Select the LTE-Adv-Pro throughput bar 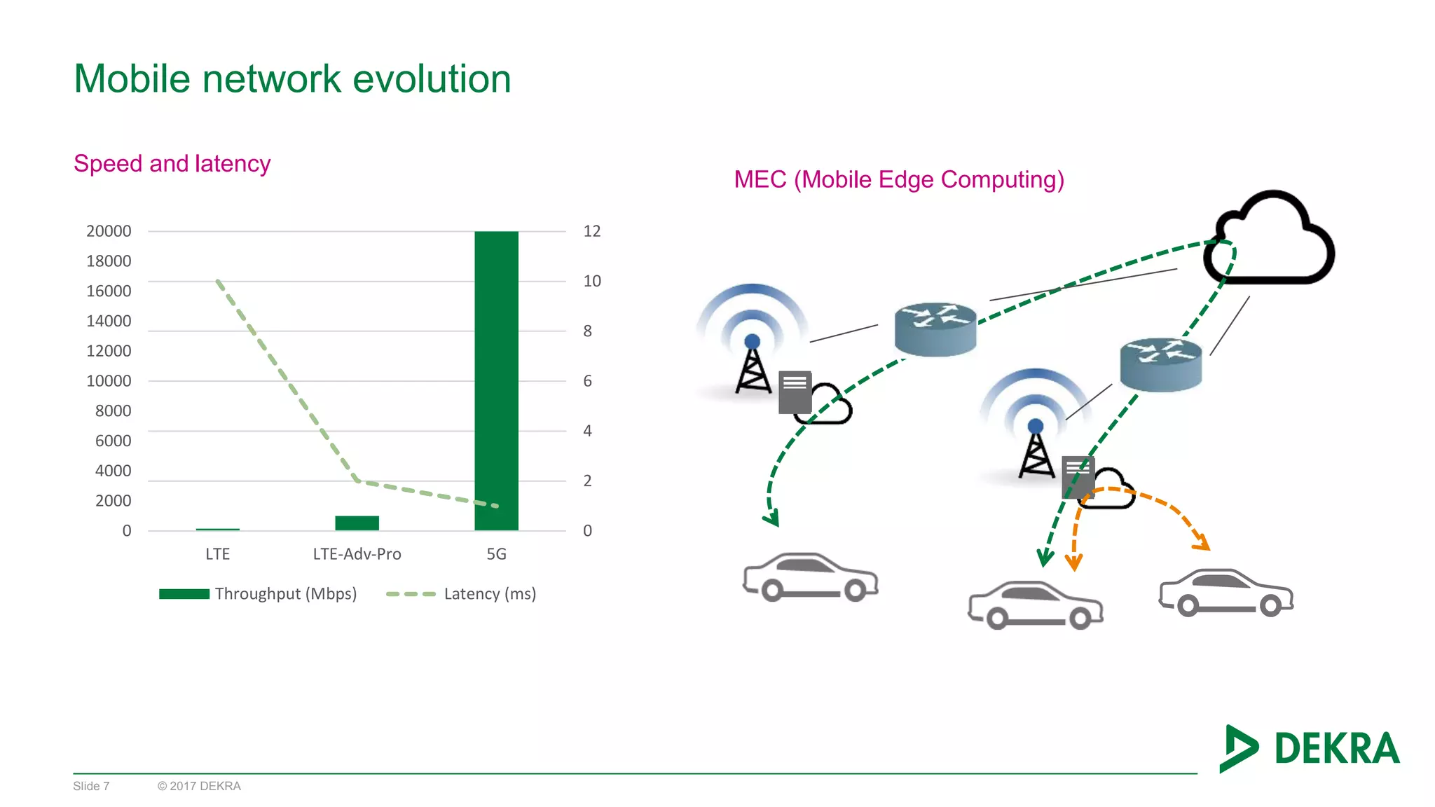(x=357, y=523)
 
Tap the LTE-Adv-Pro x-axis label (x=357, y=554)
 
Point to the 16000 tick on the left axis (x=109, y=291)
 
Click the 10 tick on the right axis (x=592, y=282)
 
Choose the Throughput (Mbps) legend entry (x=258, y=594)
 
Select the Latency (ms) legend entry (x=461, y=594)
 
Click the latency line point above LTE (x=218, y=282)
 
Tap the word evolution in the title (x=432, y=78)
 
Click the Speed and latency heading (x=172, y=164)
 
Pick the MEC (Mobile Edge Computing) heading (x=899, y=180)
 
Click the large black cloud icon (x=1270, y=242)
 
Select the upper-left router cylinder (x=935, y=329)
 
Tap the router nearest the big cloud (x=1160, y=364)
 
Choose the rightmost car (x=1226, y=593)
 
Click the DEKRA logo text (x=1336, y=749)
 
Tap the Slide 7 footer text (x=91, y=786)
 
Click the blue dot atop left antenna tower (x=752, y=342)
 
